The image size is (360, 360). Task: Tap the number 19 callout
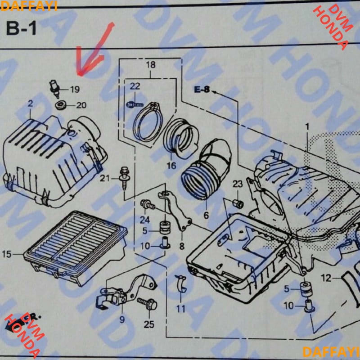pyautogui.click(x=74, y=89)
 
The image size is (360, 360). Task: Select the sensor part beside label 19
pyautogui.click(x=55, y=88)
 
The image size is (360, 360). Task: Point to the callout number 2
pyautogui.click(x=30, y=104)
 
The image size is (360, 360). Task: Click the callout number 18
pyautogui.click(x=150, y=65)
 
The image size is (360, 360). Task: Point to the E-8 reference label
pyautogui.click(x=202, y=90)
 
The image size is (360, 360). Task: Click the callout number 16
pyautogui.click(x=171, y=166)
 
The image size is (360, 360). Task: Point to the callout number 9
pyautogui.click(x=121, y=320)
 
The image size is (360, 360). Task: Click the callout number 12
pyautogui.click(x=325, y=278)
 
